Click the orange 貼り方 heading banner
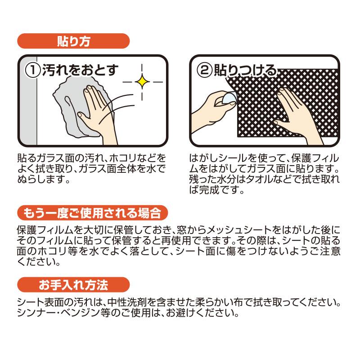coord(73,41)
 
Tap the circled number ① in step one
coord(33,70)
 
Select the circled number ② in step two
coord(205,70)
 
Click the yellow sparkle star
coord(142,81)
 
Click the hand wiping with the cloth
coord(99,115)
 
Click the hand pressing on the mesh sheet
coord(296,115)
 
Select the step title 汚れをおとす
coord(81,70)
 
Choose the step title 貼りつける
coord(245,70)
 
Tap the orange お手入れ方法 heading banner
coord(73,285)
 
